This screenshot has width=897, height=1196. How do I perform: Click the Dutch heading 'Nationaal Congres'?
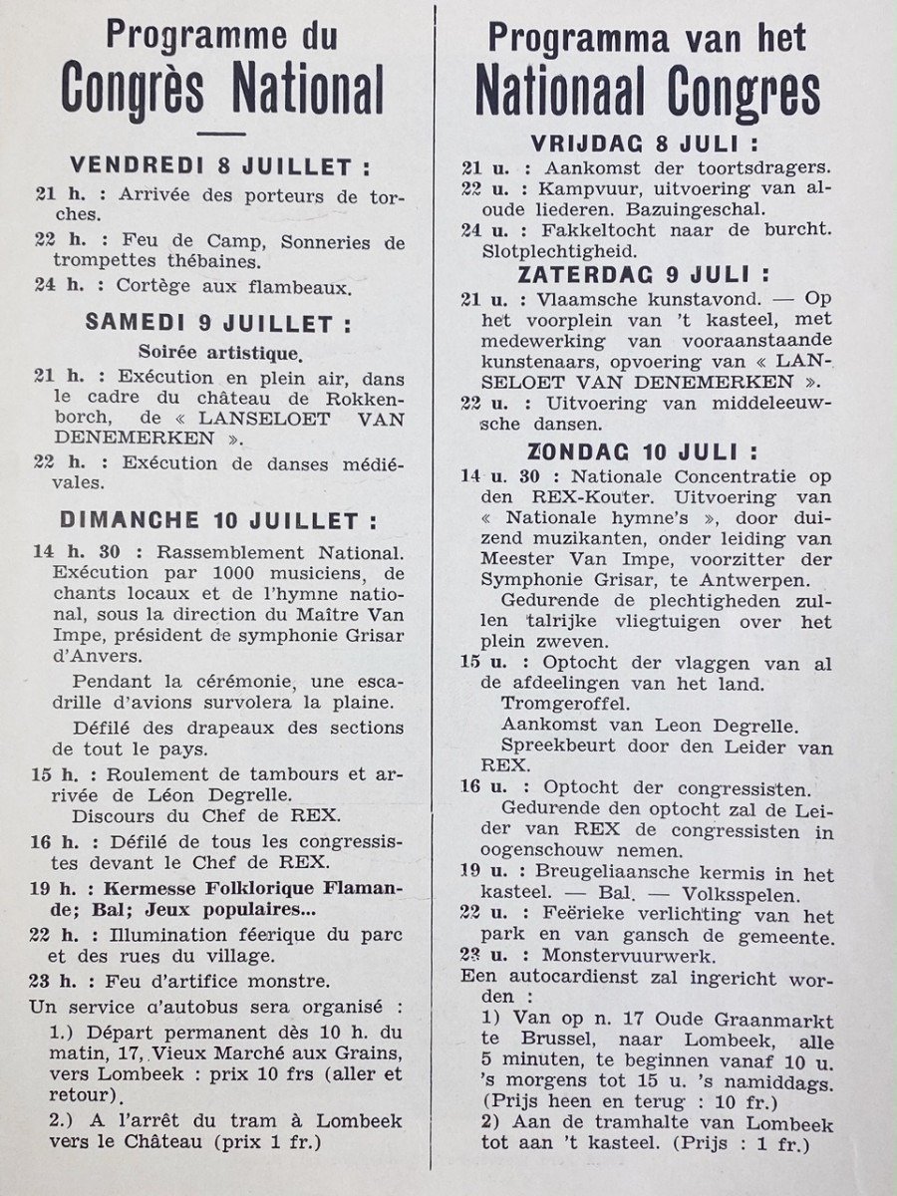648,92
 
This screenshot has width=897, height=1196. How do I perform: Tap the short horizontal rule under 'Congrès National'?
221,134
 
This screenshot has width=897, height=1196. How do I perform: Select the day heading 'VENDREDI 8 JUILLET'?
219,165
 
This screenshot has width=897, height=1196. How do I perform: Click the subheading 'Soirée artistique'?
219,352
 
